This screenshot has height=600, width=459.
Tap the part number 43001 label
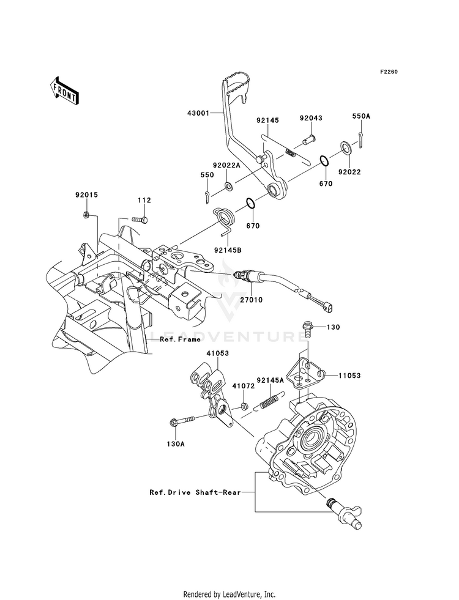199,103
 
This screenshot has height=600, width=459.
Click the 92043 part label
310,118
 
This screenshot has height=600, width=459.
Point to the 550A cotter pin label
361,116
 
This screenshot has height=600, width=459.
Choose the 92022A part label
226,165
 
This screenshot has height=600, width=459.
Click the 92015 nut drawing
86,215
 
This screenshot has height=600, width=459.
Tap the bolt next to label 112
140,219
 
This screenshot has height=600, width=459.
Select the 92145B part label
228,250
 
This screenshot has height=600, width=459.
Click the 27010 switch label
251,300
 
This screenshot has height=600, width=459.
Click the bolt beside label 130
307,328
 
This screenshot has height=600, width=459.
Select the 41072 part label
243,386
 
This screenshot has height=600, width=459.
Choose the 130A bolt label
175,444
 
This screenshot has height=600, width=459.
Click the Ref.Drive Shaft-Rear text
195,492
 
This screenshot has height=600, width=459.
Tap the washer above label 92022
346,147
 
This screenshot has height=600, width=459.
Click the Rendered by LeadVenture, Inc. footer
229,594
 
